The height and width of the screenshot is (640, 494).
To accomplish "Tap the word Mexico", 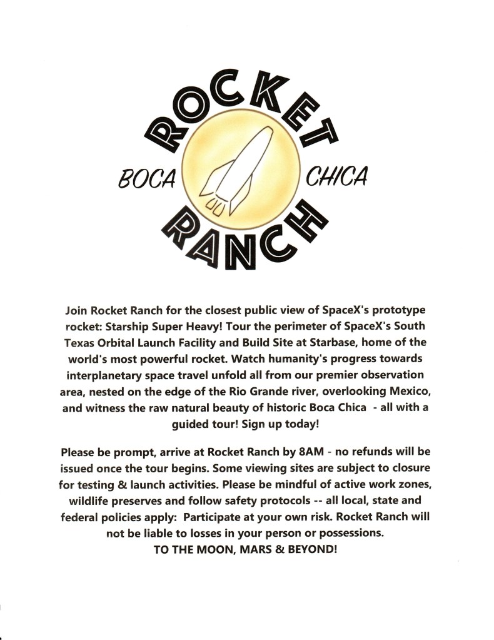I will tap(401, 391).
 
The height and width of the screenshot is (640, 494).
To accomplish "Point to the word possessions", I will tap(348, 533).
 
